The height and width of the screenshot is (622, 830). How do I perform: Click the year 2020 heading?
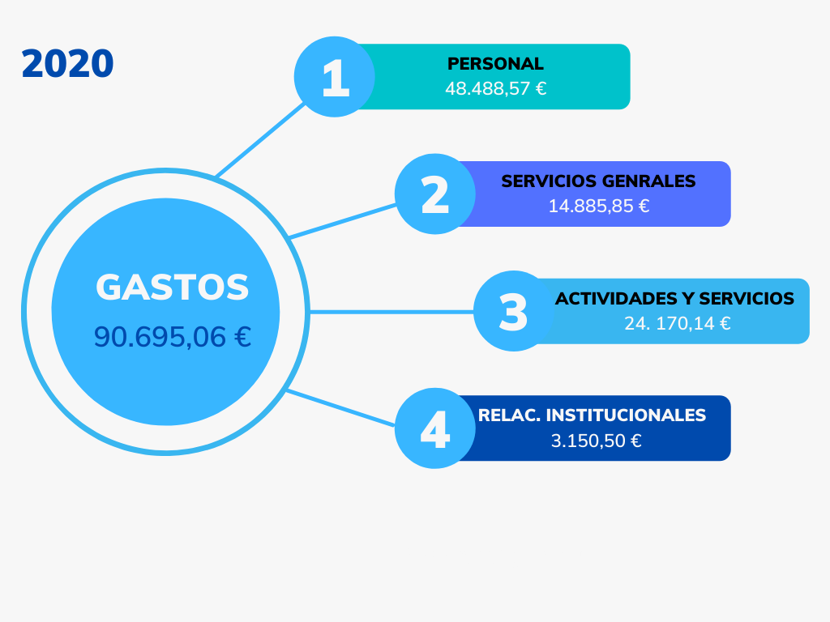(67, 64)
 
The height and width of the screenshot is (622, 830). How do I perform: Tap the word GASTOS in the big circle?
(172, 288)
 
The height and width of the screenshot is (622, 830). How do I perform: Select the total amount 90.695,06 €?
(172, 337)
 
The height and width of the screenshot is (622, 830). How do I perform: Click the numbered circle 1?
(335, 77)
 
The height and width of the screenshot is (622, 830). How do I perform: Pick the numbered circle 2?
(435, 194)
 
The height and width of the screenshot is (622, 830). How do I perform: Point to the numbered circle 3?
(513, 311)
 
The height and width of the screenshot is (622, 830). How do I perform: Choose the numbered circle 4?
(435, 428)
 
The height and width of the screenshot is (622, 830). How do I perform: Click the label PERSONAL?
(495, 63)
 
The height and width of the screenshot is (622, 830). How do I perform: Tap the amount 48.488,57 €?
(495, 88)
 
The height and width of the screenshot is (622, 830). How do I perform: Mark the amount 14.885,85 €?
(599, 206)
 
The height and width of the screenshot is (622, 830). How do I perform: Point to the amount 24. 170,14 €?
(677, 323)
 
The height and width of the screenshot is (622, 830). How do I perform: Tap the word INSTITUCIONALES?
(626, 415)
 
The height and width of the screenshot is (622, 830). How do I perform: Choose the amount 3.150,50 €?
(596, 441)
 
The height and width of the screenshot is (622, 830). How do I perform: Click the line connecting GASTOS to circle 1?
(260, 140)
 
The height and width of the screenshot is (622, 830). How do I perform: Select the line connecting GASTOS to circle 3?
(391, 312)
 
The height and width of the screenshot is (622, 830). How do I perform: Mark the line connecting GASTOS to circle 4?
(340, 408)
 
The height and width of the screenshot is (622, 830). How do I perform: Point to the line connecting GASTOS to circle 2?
(343, 221)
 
